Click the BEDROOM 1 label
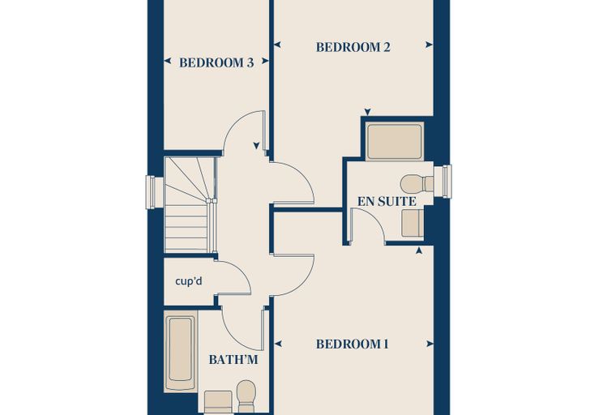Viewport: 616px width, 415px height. click(353, 344)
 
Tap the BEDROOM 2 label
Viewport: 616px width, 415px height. click(353, 47)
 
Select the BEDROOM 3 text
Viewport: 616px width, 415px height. click(216, 62)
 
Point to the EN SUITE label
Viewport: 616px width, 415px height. click(387, 202)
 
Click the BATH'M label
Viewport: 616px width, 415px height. click(233, 360)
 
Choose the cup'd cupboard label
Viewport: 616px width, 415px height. click(189, 281)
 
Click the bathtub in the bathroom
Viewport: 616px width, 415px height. click(180, 350)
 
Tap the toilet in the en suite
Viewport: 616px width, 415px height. click(417, 184)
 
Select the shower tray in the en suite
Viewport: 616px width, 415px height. click(395, 142)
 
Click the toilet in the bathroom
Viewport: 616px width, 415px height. click(246, 396)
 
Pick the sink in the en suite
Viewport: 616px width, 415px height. click(413, 223)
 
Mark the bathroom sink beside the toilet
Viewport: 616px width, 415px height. click(218, 402)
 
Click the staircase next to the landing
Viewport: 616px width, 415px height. click(190, 204)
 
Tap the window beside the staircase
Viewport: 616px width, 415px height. click(152, 192)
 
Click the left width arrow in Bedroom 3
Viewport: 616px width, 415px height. click(167, 61)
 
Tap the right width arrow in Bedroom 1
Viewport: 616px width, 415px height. click(430, 344)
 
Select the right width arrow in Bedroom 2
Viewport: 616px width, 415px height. click(430, 45)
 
